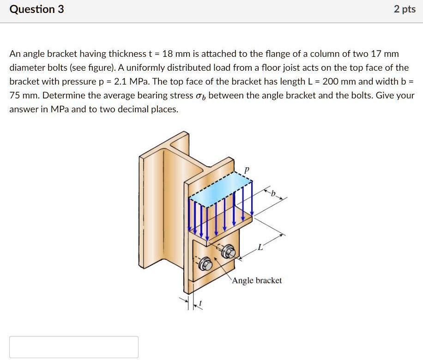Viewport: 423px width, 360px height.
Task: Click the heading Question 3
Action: tap(37, 9)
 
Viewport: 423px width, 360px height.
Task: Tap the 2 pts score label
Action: tap(405, 9)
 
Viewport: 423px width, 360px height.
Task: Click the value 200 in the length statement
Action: tap(332, 82)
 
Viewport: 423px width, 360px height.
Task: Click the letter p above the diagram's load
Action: tap(247, 170)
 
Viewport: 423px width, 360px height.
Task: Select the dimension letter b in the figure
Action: tap(273, 195)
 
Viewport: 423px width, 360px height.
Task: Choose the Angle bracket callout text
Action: tap(257, 281)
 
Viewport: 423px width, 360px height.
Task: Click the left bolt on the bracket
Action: tap(206, 264)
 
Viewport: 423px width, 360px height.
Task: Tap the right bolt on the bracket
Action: tap(229, 252)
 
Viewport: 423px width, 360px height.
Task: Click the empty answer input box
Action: tap(74, 347)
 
